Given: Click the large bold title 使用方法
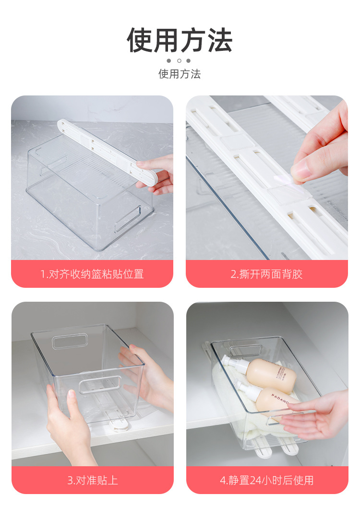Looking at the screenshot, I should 180,40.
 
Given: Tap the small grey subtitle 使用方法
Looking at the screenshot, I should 180,74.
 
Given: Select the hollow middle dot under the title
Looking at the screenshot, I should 179,61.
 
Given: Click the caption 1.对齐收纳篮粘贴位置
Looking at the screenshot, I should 92,274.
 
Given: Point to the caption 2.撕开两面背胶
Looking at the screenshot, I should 267,274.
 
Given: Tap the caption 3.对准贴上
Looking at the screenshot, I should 93,480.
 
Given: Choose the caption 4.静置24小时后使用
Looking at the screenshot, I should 267,480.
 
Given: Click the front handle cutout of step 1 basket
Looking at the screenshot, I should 128,220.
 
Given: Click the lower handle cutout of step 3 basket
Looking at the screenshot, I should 99,384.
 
